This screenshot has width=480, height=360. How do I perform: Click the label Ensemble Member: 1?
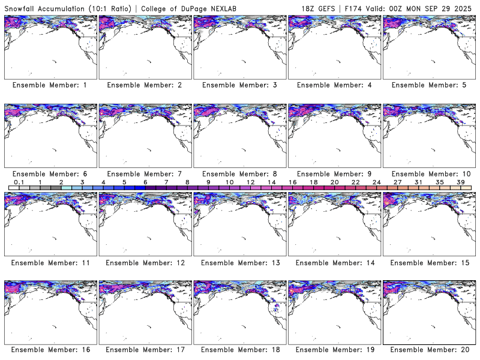50,85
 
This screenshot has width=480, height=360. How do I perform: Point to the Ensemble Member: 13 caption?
239,262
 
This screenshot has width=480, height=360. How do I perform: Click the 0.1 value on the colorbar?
19,182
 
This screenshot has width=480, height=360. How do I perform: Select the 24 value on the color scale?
376,182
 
